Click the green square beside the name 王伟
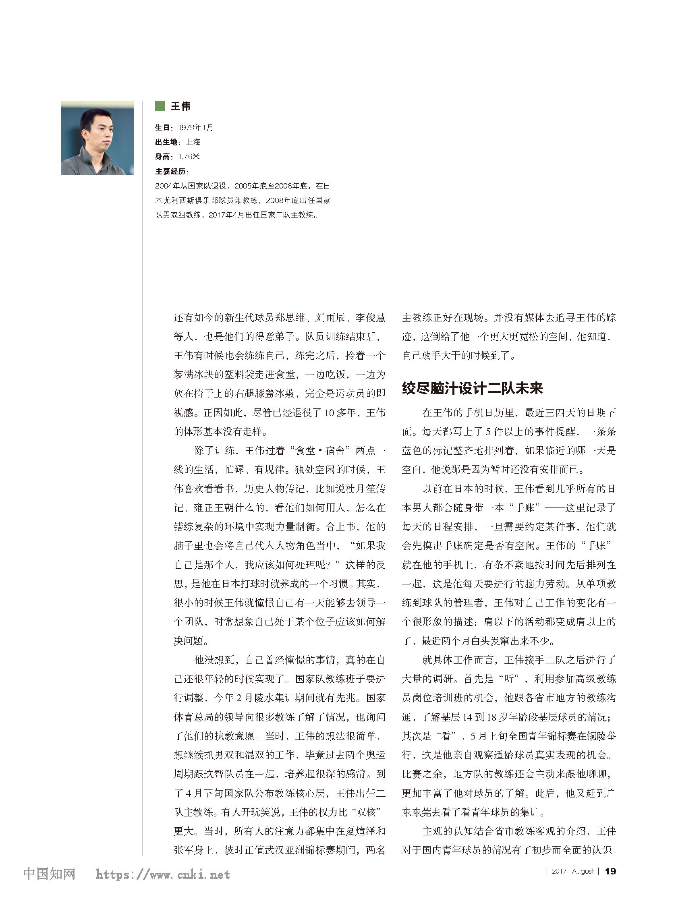pos(160,106)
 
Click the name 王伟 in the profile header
pos(180,106)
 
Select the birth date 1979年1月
pos(195,128)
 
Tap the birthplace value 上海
pos(193,142)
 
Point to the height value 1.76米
pos(189,156)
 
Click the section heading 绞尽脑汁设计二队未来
pos(472,388)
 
